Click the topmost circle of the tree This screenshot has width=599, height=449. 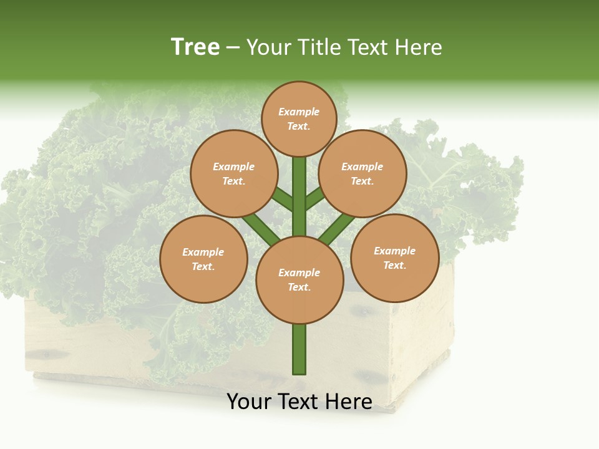pyautogui.click(x=299, y=118)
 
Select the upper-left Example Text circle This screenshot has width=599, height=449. pyautogui.click(x=233, y=173)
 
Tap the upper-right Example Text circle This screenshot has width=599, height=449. pyautogui.click(x=363, y=173)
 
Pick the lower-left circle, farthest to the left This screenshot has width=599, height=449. pyautogui.click(x=203, y=259)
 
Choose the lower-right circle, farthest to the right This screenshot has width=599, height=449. pyautogui.click(x=395, y=258)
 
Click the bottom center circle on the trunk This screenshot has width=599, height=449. pyautogui.click(x=299, y=280)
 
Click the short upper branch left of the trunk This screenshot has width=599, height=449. pyautogui.click(x=283, y=200)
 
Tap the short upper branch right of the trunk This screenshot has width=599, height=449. pyautogui.click(x=315, y=198)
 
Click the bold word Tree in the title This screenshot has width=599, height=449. pyautogui.click(x=195, y=47)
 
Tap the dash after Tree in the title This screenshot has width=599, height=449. pyautogui.click(x=233, y=47)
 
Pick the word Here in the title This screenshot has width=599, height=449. pyautogui.click(x=422, y=47)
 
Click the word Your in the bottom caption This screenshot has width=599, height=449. pyautogui.click(x=249, y=402)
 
